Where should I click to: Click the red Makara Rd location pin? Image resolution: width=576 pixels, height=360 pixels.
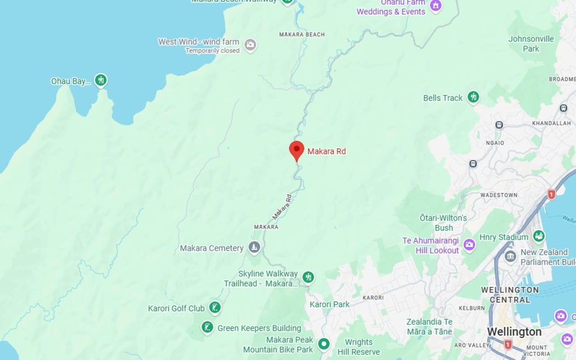click(x=296, y=150)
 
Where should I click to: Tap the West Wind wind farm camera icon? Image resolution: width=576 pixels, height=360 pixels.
click(x=250, y=45)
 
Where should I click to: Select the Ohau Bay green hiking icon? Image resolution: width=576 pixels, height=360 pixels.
click(x=100, y=81)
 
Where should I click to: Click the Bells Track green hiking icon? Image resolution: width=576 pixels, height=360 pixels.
click(x=473, y=97)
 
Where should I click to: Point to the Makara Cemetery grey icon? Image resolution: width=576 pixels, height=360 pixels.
click(x=254, y=248)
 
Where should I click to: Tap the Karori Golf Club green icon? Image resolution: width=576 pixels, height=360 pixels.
click(x=215, y=308)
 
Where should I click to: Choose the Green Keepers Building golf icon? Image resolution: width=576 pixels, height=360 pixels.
click(x=207, y=328)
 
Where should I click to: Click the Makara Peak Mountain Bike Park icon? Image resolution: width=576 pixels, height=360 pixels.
click(x=324, y=344)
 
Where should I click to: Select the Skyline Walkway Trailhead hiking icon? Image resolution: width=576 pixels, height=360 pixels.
click(x=308, y=277)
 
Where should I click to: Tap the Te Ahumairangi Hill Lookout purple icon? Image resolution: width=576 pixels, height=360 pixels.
click(x=469, y=244)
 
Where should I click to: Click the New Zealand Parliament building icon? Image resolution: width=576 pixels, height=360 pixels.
click(x=510, y=256)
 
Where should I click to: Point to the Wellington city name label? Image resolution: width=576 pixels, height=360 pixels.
click(x=514, y=332)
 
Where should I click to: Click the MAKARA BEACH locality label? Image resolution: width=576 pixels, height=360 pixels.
click(x=302, y=35)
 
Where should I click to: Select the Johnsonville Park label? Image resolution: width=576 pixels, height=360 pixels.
click(x=531, y=43)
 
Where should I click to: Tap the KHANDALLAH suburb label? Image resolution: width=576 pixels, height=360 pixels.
click(x=551, y=123)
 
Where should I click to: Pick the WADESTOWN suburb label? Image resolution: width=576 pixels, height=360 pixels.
click(x=499, y=195)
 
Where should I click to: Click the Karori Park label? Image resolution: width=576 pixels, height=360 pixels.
click(x=330, y=304)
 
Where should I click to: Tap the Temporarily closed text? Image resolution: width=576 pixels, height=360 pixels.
click(x=212, y=50)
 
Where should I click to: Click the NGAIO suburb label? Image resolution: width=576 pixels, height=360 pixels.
click(x=495, y=143)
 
